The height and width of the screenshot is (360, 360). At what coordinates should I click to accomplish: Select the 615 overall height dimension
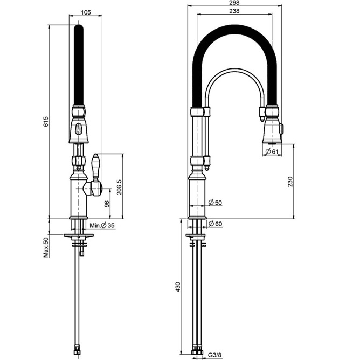[46, 122]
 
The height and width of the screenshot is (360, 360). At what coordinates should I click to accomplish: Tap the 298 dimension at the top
[233, 3]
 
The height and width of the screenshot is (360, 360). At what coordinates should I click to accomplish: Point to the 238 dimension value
[233, 11]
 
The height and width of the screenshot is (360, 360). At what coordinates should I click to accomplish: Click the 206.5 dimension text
[119, 186]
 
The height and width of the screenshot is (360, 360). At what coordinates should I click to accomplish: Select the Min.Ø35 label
[102, 225]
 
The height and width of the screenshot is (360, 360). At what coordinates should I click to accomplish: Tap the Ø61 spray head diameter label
[272, 152]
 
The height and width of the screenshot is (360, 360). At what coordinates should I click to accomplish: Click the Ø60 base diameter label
[214, 224]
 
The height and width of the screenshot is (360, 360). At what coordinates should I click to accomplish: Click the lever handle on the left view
[97, 167]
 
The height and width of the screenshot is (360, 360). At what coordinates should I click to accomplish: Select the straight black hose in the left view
[79, 65]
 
